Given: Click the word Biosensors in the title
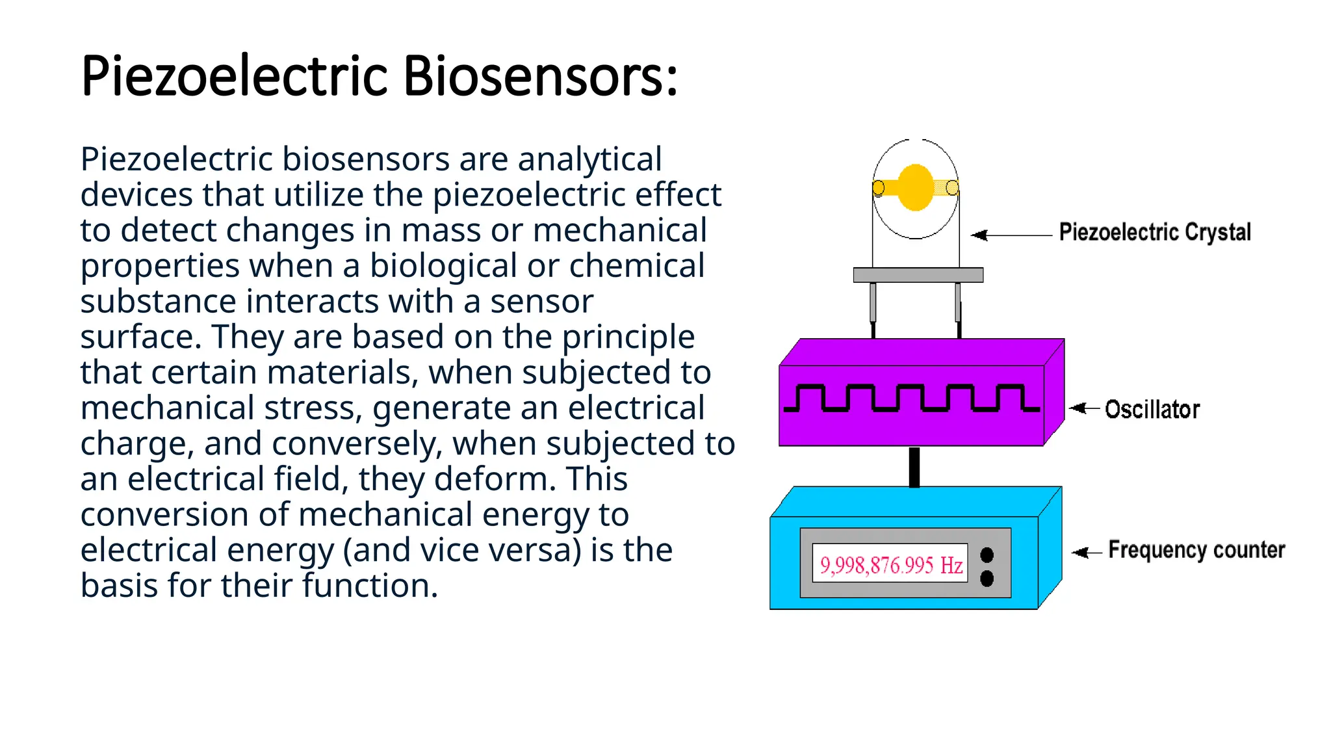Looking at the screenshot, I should tap(540, 76).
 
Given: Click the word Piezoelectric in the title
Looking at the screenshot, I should tap(235, 76).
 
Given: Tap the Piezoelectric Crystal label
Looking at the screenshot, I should tap(1154, 232).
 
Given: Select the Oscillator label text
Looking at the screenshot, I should tap(1152, 410).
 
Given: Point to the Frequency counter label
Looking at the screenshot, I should tap(1196, 550).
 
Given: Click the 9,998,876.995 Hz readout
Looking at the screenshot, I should tap(890, 564).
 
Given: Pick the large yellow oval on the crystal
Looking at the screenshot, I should tap(915, 187).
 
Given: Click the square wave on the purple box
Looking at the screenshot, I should tap(912, 398).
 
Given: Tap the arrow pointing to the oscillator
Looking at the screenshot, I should tap(1083, 408).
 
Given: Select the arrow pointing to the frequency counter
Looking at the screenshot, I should tap(1086, 552).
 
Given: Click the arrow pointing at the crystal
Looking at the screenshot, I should tap(1011, 235).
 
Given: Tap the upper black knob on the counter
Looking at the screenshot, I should tap(987, 555).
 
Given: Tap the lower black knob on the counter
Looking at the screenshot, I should tap(987, 578).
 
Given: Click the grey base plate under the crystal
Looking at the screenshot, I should tap(918, 275).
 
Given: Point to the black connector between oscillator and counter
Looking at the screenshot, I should tap(914, 467).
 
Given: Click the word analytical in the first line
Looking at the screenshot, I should tap(589, 159).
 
